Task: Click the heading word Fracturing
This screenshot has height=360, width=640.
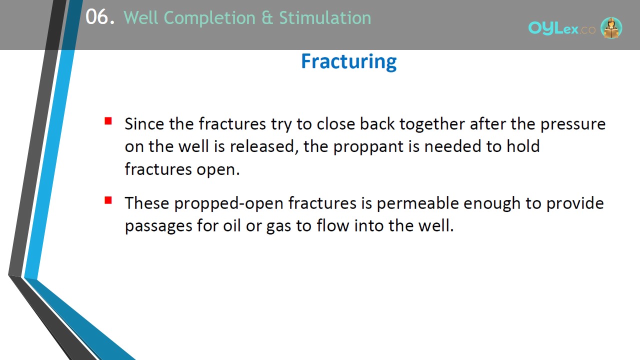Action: [x=349, y=61]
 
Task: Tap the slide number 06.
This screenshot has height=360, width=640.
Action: [x=100, y=17]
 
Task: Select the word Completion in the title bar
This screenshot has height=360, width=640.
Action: [x=209, y=18]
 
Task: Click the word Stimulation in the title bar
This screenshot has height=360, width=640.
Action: [x=325, y=17]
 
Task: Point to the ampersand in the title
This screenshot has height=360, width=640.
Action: [x=267, y=18]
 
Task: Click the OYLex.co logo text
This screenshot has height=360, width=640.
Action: [x=561, y=28]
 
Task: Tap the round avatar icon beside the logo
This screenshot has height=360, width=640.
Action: [x=611, y=28]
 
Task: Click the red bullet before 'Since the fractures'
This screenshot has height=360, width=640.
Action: [x=108, y=121]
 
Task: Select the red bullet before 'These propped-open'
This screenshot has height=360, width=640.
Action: [x=108, y=200]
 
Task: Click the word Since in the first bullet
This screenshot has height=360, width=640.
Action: [x=144, y=124]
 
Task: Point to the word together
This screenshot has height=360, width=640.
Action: [x=432, y=124]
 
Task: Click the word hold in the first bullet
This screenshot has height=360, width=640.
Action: [x=523, y=146]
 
